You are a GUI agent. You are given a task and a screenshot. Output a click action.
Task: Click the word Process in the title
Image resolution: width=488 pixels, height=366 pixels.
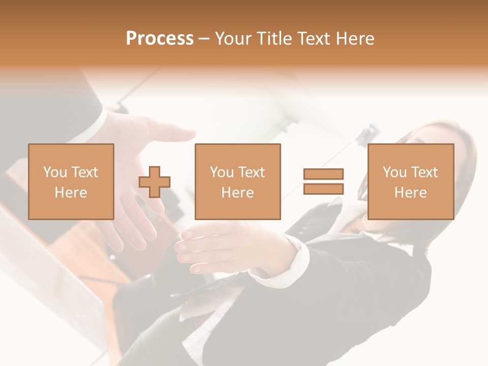point(160,39)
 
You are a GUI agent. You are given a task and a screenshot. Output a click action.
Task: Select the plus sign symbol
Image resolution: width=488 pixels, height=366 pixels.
point(155,182)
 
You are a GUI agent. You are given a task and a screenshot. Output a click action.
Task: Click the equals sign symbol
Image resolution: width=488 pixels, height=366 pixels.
point(323,181)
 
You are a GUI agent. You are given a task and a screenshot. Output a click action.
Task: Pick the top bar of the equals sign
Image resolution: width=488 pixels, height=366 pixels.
point(323,174)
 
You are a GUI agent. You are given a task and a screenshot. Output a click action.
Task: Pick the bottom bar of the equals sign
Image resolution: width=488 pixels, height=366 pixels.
point(323,189)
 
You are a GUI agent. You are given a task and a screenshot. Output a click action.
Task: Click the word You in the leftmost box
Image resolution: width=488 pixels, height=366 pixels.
point(54,172)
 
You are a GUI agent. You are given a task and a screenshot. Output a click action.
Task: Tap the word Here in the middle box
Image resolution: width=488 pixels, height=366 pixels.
point(237,193)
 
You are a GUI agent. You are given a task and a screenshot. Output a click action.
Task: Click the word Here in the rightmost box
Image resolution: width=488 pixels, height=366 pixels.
point(410,193)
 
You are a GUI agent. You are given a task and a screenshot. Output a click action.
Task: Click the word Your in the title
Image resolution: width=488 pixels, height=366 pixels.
point(233,39)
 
